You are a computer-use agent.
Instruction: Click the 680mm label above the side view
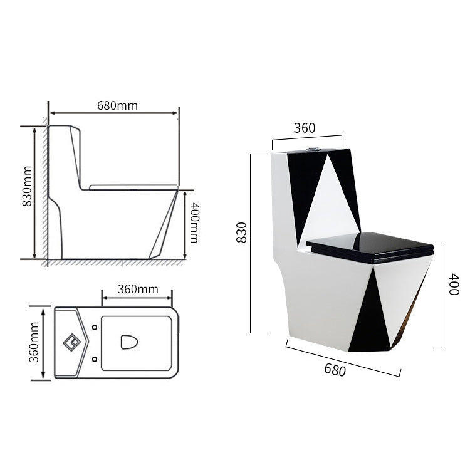[117, 105]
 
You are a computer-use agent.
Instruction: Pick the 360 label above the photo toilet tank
[305, 128]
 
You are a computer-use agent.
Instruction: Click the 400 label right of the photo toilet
[454, 287]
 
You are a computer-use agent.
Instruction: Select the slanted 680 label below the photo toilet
[335, 369]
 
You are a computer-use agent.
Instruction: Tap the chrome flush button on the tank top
[310, 149]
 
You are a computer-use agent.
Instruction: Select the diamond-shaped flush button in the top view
[71, 342]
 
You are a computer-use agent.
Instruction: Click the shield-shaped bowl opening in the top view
[129, 342]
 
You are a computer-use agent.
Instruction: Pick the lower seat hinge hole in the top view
[94, 358]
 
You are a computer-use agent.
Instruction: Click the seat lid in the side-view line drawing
[133, 186]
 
